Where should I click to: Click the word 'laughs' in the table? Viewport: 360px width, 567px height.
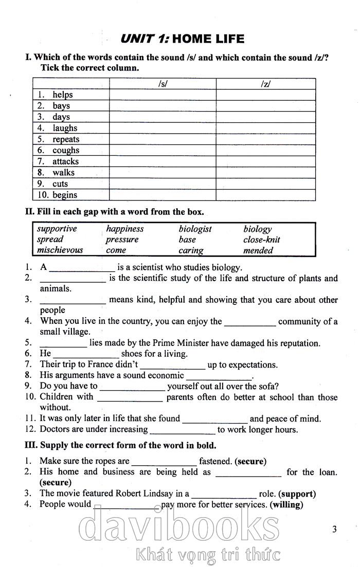click(64, 128)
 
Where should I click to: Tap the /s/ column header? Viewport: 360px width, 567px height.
click(163, 84)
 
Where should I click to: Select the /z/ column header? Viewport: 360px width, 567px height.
click(265, 84)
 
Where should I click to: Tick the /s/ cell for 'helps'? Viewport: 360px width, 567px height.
click(163, 95)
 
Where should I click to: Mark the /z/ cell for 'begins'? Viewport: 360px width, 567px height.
click(265, 195)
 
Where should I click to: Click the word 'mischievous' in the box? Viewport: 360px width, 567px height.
click(60, 250)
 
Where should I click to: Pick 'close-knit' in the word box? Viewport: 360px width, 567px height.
click(261, 240)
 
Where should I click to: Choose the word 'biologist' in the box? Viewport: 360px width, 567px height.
click(195, 229)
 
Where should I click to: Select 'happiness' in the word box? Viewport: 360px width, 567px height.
click(124, 229)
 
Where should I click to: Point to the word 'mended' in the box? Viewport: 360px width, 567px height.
click(258, 250)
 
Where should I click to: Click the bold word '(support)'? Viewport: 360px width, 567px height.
click(297, 494)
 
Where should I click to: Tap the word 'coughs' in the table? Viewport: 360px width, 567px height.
click(65, 150)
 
